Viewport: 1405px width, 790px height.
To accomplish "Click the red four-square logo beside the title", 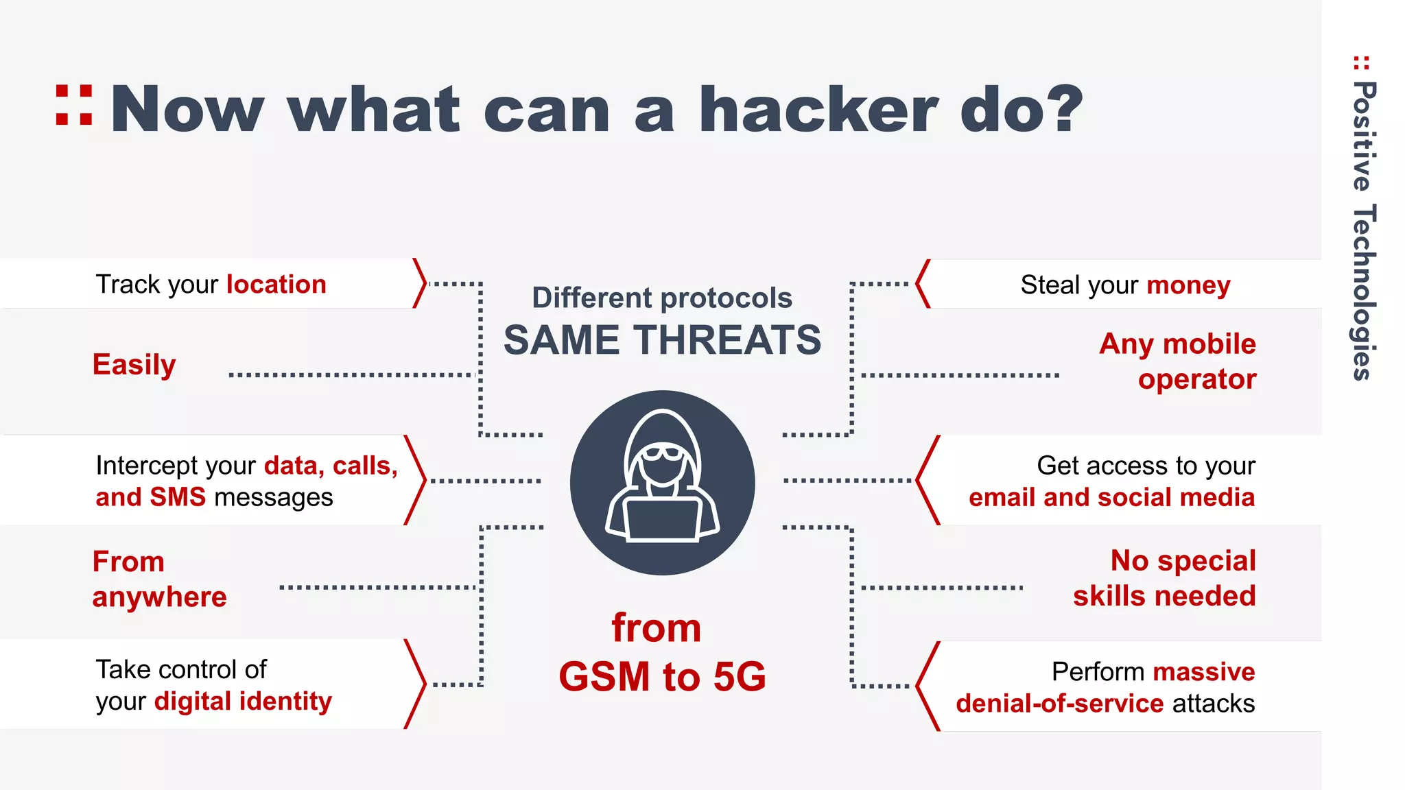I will (74, 105).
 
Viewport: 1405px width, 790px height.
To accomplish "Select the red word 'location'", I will (276, 284).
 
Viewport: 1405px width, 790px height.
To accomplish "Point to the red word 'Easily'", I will (134, 365).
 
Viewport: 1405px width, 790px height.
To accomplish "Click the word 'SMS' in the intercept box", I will (178, 497).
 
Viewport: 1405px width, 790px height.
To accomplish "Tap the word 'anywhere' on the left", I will (159, 597).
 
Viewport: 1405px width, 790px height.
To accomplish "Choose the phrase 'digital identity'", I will (243, 702).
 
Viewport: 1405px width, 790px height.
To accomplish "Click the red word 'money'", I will (1188, 285).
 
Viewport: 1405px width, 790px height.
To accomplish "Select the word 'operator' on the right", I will (1197, 379).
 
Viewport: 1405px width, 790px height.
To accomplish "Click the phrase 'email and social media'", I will (1111, 497).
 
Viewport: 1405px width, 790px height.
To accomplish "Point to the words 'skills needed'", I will (1164, 596).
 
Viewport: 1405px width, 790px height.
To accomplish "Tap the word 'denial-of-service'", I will (1059, 704).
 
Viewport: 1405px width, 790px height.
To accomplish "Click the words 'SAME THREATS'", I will (662, 340).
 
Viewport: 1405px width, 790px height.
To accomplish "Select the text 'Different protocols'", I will (662, 298).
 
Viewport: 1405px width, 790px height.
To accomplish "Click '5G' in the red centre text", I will (739, 677).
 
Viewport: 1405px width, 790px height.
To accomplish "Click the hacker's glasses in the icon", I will (662, 453).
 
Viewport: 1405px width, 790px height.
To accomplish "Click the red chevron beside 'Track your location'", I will (420, 283).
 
